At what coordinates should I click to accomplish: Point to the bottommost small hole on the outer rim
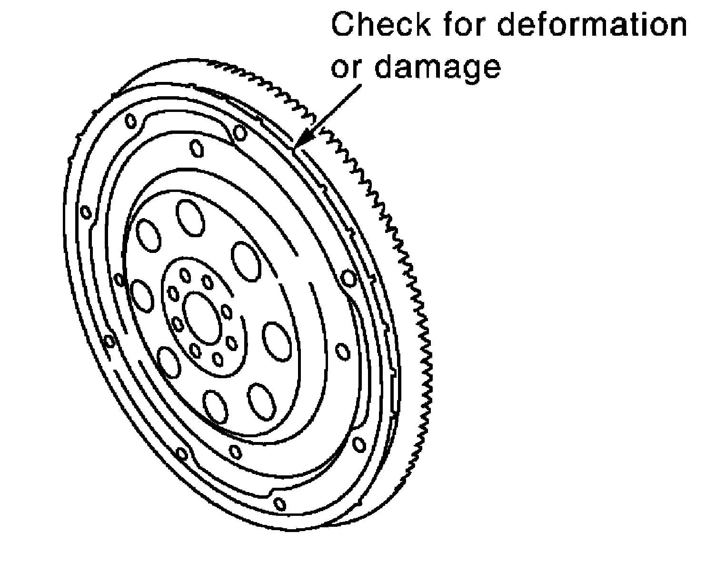pyautogui.click(x=280, y=503)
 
